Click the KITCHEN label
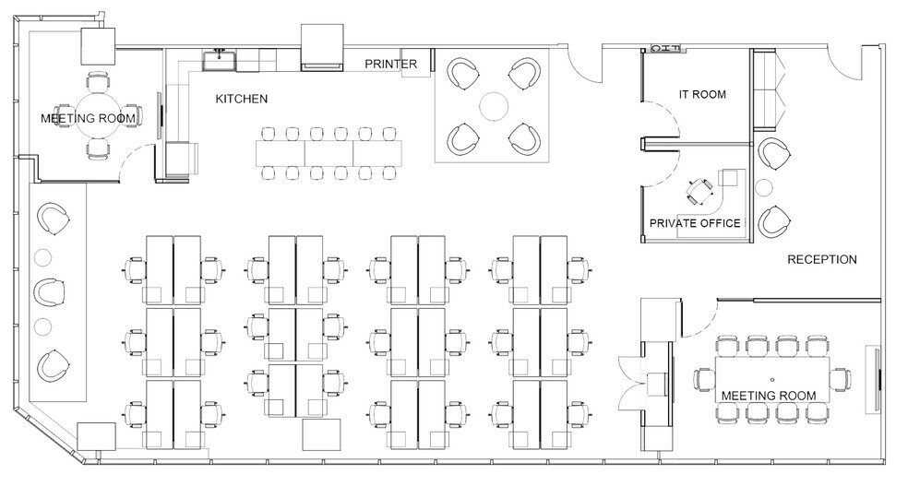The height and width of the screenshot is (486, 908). coord(242,99)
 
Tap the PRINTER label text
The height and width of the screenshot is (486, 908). coord(390,64)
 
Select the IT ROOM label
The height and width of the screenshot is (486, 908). coord(702,94)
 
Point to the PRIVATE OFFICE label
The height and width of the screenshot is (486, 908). coord(695,223)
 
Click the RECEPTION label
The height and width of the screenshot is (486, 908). coord(821,260)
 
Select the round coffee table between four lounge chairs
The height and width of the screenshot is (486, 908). coord(495,104)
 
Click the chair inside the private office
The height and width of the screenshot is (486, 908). coord(699,192)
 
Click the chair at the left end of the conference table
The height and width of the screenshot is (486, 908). coord(705,379)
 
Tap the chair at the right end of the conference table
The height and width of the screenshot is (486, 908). coord(841,379)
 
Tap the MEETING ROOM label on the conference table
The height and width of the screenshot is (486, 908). coord(768,396)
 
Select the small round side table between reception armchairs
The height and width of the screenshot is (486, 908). coord(762,189)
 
